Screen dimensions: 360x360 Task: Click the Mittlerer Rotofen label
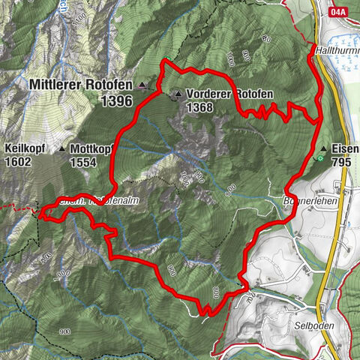[x=81, y=85]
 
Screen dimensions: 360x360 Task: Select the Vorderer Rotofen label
[x=230, y=94]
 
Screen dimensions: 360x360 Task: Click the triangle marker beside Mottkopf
[x=61, y=148]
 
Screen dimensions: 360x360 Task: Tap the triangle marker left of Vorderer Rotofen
[x=178, y=94]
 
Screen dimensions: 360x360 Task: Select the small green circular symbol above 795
[x=320, y=158]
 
